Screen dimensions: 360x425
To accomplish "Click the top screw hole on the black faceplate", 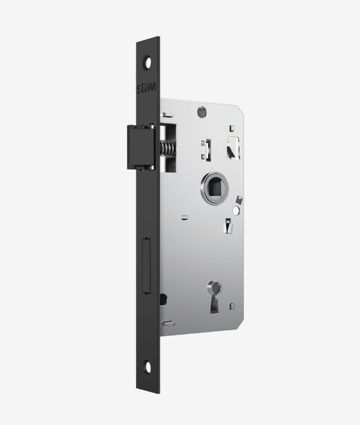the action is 148,62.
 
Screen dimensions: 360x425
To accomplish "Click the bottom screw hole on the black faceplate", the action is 148,367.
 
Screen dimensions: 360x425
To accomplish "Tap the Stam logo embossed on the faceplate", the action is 146,88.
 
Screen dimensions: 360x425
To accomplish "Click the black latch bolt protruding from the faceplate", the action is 141,147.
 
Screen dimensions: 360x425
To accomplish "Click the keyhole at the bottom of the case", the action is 214,297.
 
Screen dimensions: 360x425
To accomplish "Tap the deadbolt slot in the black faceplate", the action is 146,266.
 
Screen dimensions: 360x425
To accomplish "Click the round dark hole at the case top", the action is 201,112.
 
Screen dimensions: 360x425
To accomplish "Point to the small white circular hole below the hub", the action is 236,210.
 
